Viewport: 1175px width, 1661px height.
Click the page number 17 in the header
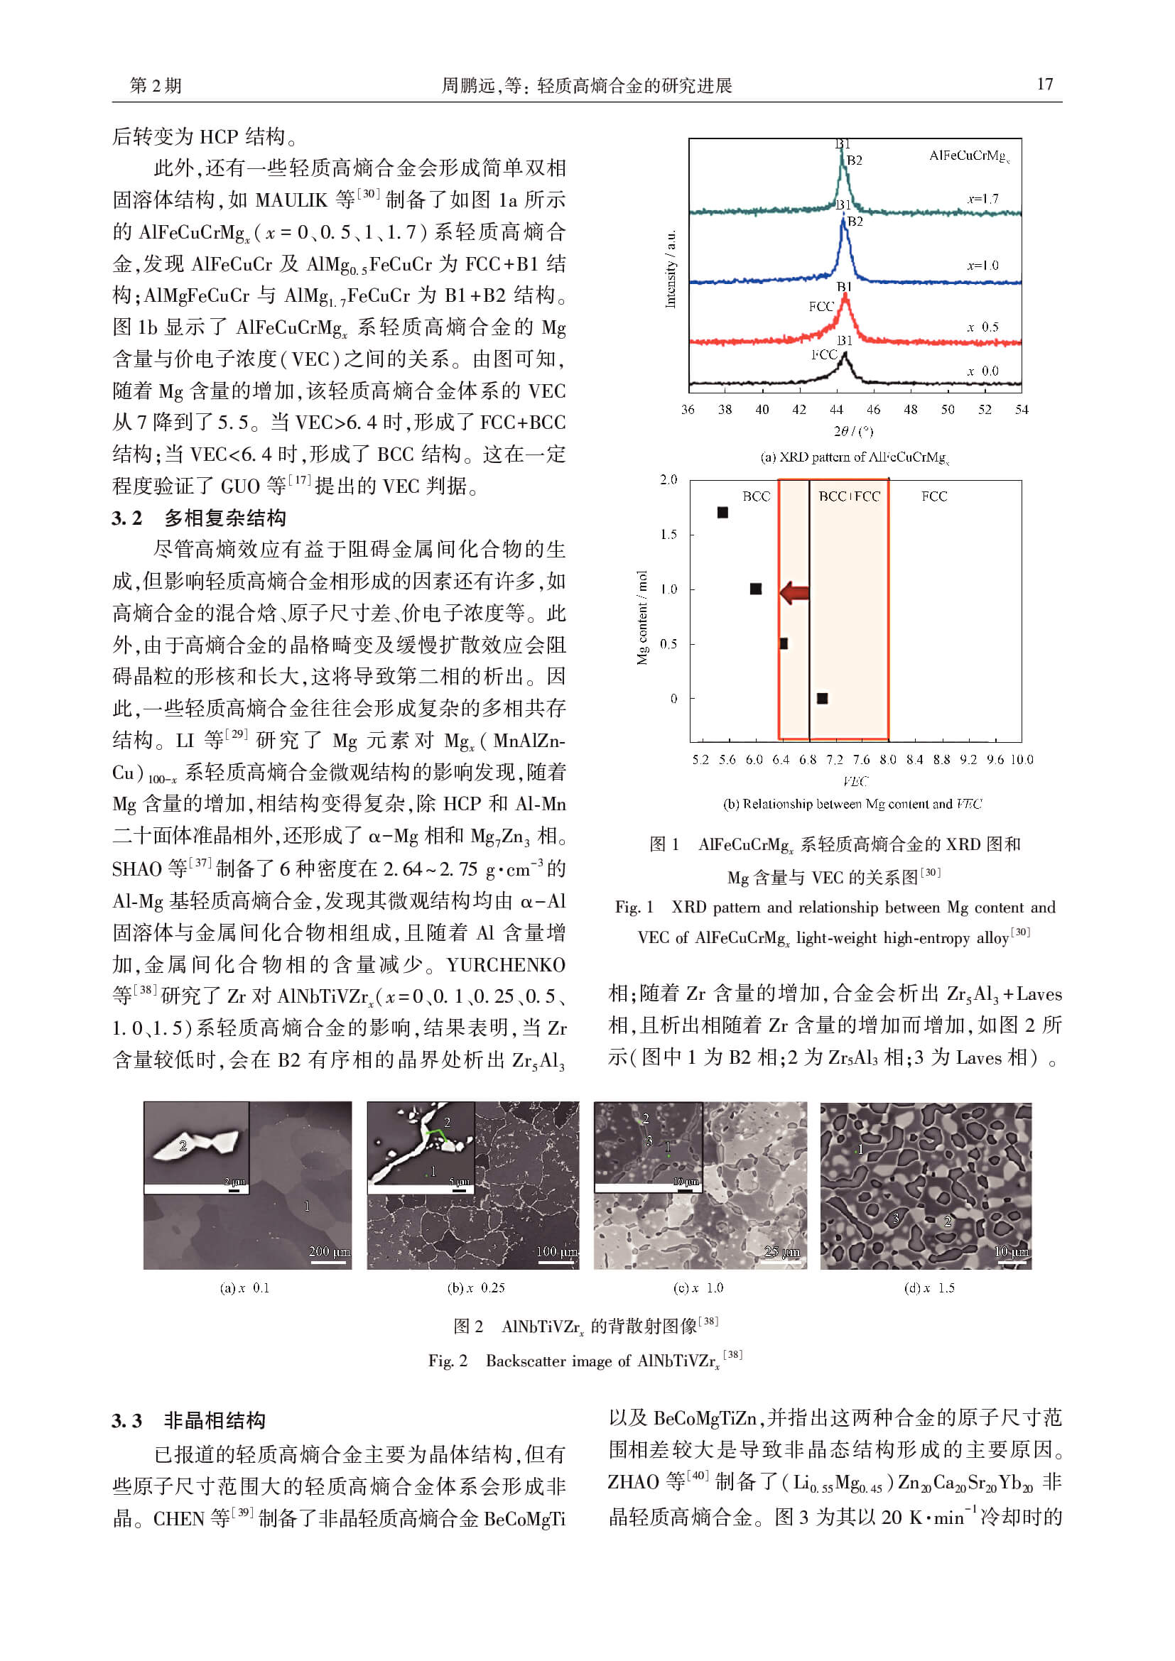point(1044,85)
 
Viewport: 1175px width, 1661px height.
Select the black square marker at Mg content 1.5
point(722,512)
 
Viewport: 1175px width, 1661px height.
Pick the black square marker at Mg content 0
point(822,698)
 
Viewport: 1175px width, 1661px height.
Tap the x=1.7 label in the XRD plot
point(982,199)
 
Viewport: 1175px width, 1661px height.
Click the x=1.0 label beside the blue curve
point(982,266)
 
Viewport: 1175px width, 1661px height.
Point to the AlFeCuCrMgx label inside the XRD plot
point(969,156)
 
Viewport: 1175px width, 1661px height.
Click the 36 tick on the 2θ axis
point(688,410)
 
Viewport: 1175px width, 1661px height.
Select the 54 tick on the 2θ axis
point(1021,410)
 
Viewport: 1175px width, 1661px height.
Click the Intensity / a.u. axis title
point(671,269)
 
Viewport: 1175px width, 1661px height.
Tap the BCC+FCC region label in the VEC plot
point(849,496)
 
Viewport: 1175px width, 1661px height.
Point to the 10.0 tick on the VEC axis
point(1022,759)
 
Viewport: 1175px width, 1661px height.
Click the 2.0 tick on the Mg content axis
point(668,479)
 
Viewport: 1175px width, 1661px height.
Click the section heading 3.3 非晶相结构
point(189,1421)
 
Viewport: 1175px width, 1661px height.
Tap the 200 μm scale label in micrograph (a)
point(329,1251)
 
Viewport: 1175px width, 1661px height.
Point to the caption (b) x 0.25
point(475,1287)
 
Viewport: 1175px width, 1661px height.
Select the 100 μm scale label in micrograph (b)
point(556,1251)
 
